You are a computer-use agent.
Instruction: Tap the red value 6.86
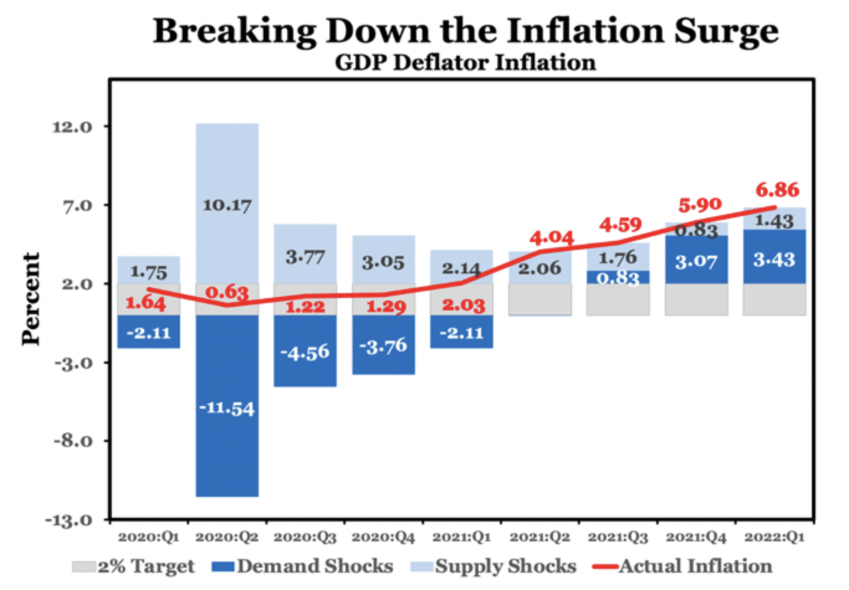777,190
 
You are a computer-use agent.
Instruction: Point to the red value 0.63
227,292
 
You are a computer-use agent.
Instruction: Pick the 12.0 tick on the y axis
73,127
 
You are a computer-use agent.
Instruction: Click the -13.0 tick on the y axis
69,520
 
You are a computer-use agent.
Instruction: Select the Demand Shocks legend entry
303,566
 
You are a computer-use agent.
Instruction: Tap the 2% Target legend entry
134,566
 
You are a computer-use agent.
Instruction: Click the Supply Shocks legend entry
494,566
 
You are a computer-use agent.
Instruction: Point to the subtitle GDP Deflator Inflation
465,63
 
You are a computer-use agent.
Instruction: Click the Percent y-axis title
30,298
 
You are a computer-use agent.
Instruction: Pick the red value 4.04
551,238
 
